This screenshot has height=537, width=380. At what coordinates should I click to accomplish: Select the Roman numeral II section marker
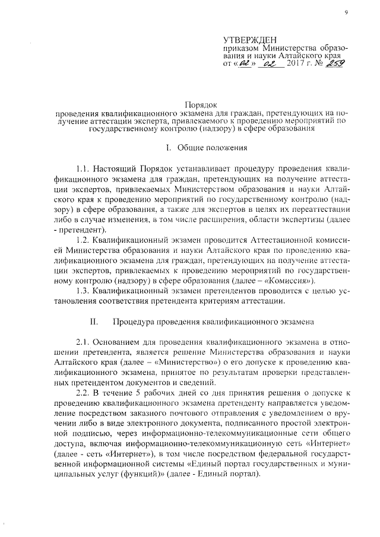coord(93,322)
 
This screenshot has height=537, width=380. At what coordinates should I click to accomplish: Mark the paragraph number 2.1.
coord(85,344)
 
